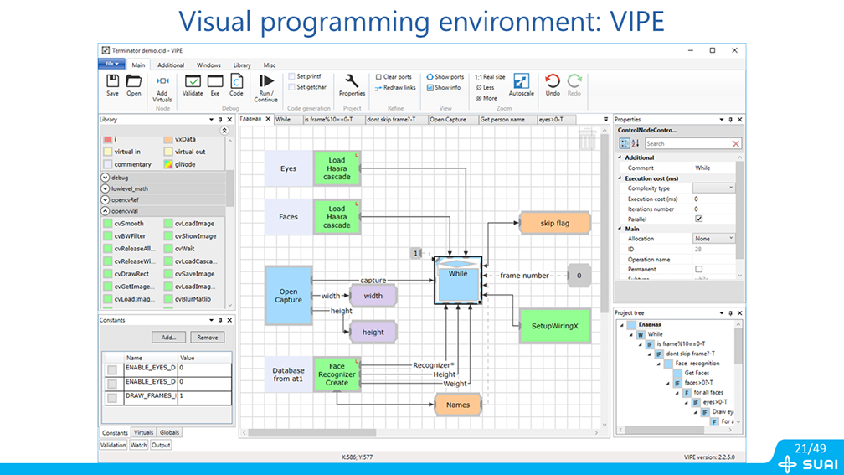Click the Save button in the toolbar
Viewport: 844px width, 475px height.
[x=112, y=85]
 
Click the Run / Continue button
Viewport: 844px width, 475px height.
[x=266, y=87]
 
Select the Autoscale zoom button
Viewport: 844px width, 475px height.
[x=521, y=85]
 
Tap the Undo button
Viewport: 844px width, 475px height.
[x=553, y=85]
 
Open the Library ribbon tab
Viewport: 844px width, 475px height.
[x=242, y=65]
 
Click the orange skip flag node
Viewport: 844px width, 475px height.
[x=555, y=224]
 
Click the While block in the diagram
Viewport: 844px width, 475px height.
[x=458, y=280]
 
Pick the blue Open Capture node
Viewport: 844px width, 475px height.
[x=288, y=295]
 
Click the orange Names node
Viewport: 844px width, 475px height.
[x=458, y=405]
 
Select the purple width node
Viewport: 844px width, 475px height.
[x=373, y=296]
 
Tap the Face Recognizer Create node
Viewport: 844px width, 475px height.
[x=337, y=374]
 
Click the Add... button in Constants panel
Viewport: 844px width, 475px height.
[x=168, y=337]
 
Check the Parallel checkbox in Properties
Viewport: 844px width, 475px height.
[x=699, y=219]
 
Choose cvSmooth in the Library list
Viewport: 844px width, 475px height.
[x=129, y=224]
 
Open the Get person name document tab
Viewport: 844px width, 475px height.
[x=502, y=120]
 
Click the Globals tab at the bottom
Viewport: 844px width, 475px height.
[x=169, y=433]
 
